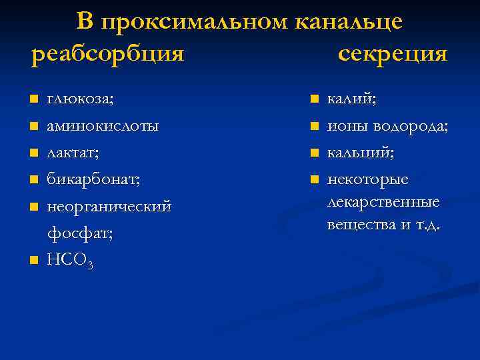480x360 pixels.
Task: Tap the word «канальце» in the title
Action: [349, 21]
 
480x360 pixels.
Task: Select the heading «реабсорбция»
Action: [107, 53]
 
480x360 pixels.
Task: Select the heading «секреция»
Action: [392, 53]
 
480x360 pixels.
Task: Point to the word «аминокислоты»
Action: [103, 126]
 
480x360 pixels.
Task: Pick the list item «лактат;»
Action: [73, 153]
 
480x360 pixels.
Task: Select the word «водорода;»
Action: [411, 126]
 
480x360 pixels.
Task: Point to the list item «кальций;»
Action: [360, 153]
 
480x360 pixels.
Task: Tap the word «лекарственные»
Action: [383, 202]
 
